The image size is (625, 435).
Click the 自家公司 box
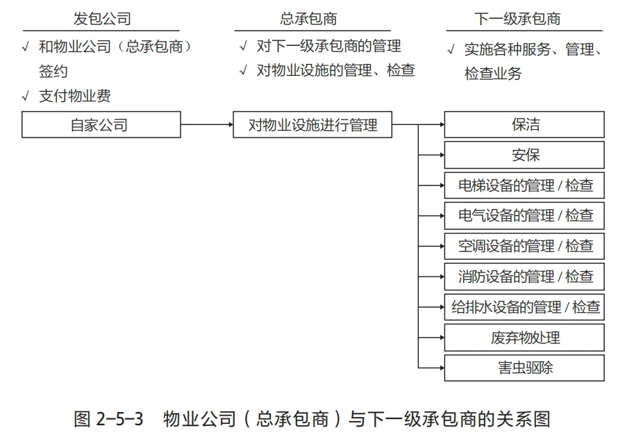coord(101,125)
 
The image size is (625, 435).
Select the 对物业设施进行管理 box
coord(312,125)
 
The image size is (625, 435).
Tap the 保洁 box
coord(524,125)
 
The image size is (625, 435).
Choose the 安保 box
coord(524,155)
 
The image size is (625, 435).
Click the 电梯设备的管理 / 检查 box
coord(524,186)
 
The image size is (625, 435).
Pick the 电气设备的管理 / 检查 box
coord(524,215)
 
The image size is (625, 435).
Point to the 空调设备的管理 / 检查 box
coord(524,246)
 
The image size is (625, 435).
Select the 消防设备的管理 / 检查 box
coord(524,277)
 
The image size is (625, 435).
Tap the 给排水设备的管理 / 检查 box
coord(524,307)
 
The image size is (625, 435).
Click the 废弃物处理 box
coord(524,338)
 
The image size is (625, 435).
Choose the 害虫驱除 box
coord(524,368)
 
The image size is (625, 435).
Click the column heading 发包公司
coord(102,19)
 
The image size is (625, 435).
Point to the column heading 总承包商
coord(308,19)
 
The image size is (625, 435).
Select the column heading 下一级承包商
coord(517,19)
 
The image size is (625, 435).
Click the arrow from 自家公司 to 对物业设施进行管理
coord(207,125)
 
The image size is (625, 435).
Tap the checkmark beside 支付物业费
coord(26,96)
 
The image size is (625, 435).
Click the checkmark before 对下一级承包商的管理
coord(244,47)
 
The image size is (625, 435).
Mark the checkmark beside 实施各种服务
coord(451,49)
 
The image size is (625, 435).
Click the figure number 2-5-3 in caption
coord(119,419)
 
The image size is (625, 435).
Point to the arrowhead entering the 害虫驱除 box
coord(442,368)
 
